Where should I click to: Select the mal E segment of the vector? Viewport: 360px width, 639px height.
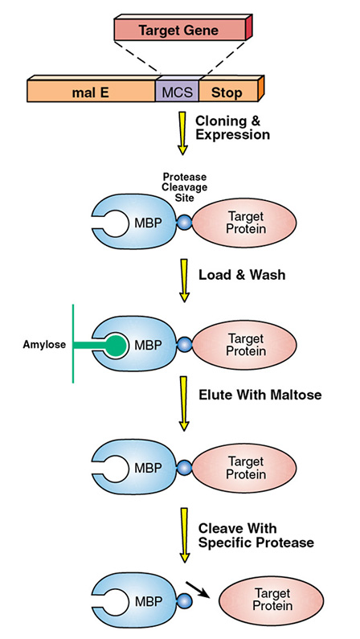92,91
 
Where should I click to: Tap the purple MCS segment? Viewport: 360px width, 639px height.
177,91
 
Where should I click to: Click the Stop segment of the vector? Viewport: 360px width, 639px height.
229,91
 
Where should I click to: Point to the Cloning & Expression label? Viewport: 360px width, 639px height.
232,128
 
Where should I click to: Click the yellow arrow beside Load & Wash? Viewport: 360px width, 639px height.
185,281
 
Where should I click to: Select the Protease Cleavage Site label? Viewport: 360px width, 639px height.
185,187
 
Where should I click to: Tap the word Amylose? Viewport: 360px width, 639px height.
44,345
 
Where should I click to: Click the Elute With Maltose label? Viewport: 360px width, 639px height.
260,395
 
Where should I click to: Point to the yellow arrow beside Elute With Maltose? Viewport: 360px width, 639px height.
184,403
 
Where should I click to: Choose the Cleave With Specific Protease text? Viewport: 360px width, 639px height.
256,535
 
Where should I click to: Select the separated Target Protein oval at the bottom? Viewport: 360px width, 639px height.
272,599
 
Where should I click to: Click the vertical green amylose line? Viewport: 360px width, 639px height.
73,343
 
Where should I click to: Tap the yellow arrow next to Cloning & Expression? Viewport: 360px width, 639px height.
182,133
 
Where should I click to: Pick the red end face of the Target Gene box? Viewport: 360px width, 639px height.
249,27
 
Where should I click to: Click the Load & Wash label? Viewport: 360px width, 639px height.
242,275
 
